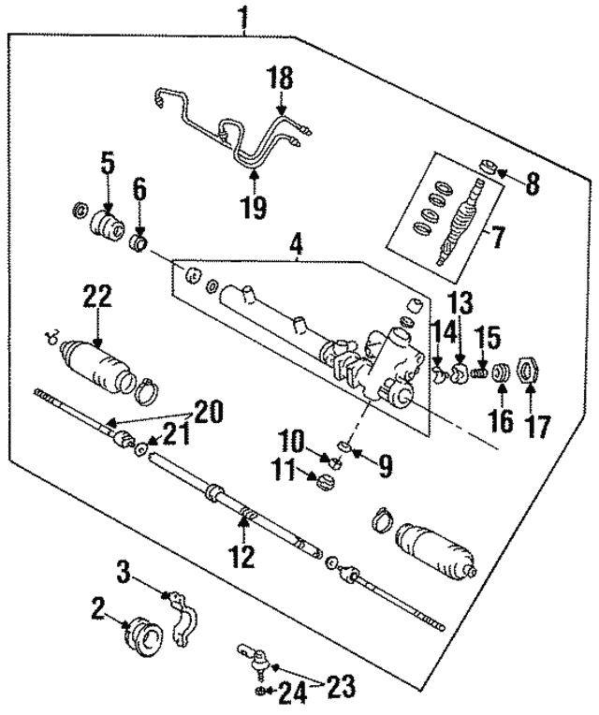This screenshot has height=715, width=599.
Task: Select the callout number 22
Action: (96, 298)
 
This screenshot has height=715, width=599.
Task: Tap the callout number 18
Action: (281, 78)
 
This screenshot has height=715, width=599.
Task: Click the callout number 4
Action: (297, 248)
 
